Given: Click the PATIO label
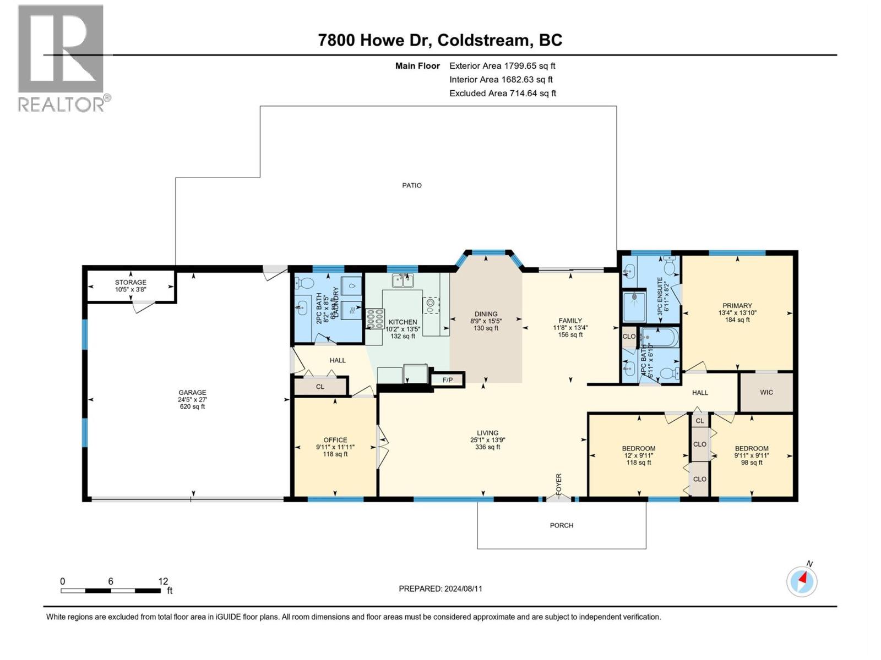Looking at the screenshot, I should coord(412,185).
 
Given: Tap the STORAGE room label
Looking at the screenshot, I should coord(130,285).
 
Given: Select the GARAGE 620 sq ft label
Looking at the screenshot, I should coord(192,399).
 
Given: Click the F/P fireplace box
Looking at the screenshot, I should coord(448,380).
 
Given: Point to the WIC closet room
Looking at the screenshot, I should coord(766,392).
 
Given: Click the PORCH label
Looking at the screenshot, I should coord(561,525).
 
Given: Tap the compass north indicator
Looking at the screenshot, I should coord(802,581).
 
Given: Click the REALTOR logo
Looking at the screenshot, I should coord(62,58).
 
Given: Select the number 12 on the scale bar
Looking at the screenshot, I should coord(163,581).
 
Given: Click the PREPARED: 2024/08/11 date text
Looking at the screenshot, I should coord(440,588).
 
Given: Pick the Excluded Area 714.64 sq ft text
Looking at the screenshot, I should coord(502,94).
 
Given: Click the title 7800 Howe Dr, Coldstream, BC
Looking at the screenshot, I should coord(440,40).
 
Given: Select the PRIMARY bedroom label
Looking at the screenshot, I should coord(737,312).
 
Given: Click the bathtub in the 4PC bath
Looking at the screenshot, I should coord(660,337).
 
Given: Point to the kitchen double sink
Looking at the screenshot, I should coord(403,281).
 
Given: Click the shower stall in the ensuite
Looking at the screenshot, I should coord(635,306).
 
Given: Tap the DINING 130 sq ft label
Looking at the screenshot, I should coord(486,321).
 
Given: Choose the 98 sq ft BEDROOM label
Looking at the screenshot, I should coord(752,455).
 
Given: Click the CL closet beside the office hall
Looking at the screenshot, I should coord(320,387).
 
